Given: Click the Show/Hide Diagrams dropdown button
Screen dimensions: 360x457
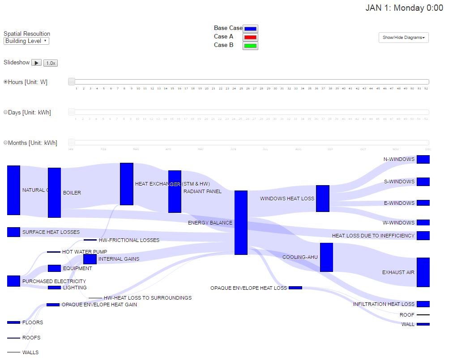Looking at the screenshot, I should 403,38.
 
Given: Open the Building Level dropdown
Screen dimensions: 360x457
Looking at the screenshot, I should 26,41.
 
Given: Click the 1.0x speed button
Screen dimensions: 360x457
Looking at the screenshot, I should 51,63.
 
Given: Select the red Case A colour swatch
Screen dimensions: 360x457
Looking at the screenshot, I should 250,37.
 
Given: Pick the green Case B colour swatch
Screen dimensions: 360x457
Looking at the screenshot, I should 250,46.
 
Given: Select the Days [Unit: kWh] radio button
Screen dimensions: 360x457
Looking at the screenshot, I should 6,112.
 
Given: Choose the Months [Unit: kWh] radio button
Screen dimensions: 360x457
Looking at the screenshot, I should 6,143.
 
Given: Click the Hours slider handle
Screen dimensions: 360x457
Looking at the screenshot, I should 72,81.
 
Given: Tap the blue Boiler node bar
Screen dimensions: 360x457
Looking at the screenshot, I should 54,192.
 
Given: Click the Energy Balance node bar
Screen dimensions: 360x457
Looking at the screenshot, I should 241,222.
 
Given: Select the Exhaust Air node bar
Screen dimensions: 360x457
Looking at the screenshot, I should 423,272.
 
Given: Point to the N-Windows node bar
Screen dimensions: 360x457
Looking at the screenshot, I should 423,159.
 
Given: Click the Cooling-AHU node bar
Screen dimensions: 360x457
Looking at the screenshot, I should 326,257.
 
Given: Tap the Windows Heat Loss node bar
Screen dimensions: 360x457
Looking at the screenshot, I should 322,198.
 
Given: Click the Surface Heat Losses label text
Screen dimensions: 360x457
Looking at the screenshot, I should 51,232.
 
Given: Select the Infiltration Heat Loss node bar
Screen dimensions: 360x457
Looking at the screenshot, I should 423,304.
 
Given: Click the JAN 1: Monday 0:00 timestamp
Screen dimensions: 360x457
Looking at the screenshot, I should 404,8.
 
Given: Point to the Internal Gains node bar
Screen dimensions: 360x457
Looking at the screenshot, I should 90,259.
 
